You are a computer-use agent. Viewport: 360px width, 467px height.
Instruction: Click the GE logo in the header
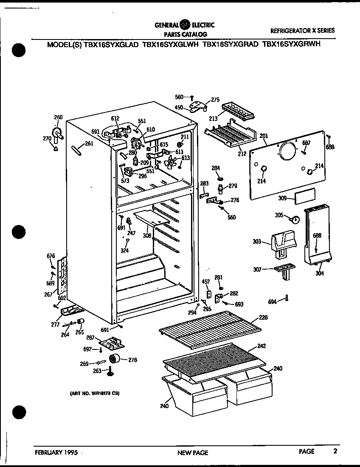coord(185,25)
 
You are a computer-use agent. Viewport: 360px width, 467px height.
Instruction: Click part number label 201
coord(264,136)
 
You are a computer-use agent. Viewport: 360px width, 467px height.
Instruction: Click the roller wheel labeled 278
coord(114,359)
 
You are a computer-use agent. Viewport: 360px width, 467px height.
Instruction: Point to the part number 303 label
coord(256,242)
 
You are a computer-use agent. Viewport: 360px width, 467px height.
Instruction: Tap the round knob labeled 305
coord(292,219)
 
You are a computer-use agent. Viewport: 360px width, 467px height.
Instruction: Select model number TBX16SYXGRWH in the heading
coord(291,44)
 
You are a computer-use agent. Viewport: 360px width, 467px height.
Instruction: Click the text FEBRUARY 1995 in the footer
coord(56,452)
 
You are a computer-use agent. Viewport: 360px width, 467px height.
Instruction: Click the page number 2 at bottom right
coord(335,451)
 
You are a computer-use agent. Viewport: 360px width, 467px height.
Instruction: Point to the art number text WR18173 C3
coord(94,394)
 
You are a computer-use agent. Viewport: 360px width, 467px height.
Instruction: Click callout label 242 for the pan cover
coord(262,346)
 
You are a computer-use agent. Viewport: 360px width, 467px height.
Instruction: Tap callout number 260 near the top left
coord(58,118)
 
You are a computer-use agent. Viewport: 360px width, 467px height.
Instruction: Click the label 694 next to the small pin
coord(272,301)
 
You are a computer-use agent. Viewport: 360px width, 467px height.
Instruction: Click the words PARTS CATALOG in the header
coord(185,34)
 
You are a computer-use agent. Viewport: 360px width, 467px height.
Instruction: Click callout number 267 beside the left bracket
coord(48,294)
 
